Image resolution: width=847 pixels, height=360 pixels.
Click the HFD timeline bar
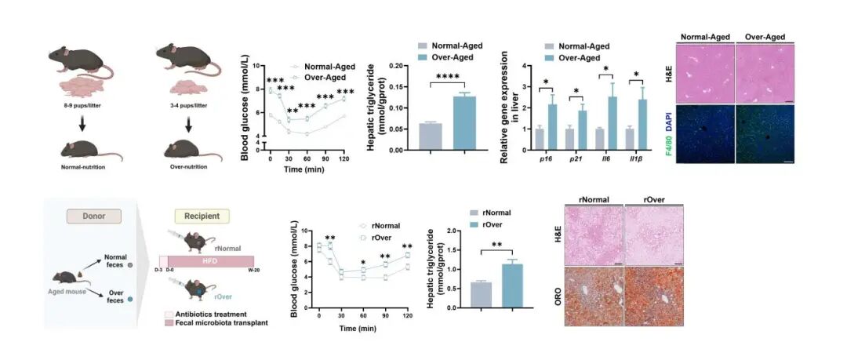pos(209,262)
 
